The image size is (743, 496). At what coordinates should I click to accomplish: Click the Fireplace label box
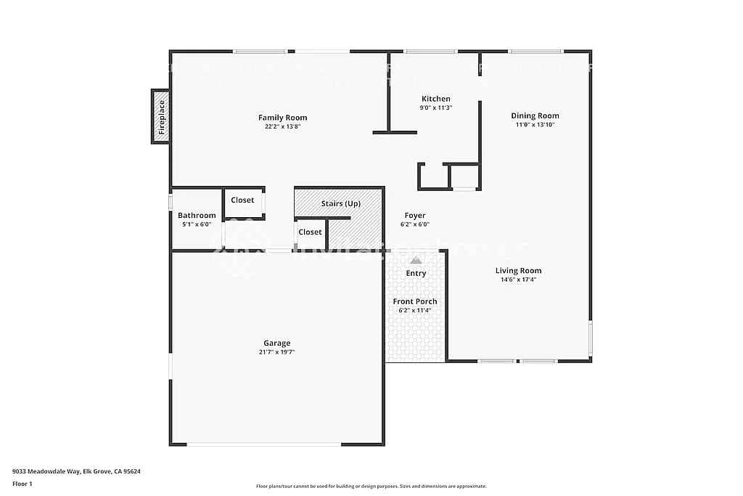point(161,117)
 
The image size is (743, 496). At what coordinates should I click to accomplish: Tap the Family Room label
point(282,118)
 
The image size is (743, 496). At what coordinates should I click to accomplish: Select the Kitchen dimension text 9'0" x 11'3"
point(435,108)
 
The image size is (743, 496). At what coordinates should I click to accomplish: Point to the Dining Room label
point(535,115)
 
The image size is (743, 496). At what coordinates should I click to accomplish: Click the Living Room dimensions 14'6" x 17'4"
point(518,280)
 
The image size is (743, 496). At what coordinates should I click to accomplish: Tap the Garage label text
point(276,343)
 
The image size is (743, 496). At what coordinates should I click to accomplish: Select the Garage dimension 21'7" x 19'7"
point(276,352)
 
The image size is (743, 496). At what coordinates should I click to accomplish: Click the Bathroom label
point(197,216)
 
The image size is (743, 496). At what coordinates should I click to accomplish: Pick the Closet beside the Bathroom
point(242,200)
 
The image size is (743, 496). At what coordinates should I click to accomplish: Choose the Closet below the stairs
point(310,232)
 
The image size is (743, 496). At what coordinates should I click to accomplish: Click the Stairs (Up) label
point(340,204)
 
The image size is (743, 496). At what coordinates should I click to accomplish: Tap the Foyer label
point(415,216)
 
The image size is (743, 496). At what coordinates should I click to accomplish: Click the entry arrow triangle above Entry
point(416,259)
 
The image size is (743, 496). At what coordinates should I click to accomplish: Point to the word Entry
point(416,274)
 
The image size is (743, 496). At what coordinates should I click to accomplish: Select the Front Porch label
point(415,301)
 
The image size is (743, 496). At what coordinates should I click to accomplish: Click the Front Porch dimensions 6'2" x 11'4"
point(415,311)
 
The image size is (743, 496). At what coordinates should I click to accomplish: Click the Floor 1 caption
point(22,484)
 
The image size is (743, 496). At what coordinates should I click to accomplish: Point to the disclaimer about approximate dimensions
point(371,487)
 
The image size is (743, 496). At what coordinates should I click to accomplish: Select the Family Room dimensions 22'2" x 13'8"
point(282,126)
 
